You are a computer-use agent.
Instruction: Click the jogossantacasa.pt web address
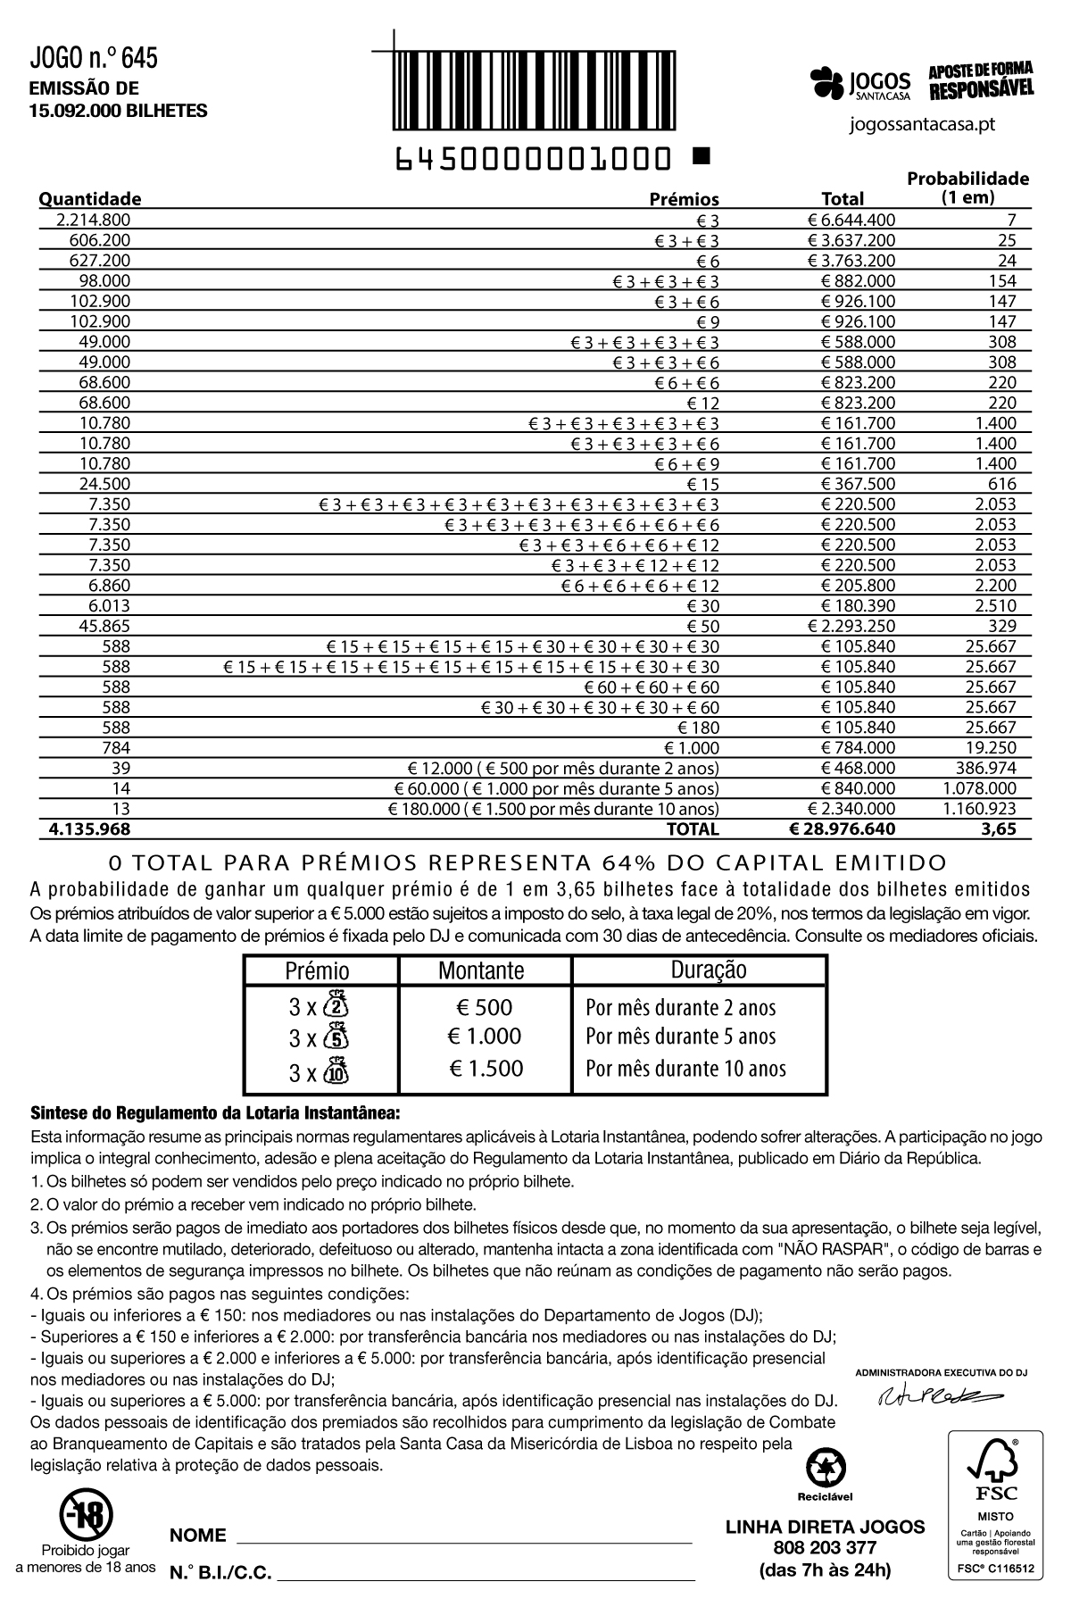923,124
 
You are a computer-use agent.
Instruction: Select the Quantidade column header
89,198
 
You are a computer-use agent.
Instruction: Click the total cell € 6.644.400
851,220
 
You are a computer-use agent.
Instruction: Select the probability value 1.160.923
980,809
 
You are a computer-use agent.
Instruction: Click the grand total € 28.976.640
843,829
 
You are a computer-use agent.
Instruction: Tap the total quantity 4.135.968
89,829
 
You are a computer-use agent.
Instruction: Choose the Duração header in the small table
709,970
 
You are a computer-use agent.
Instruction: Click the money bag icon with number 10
336,1070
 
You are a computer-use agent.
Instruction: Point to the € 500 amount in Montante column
485,1008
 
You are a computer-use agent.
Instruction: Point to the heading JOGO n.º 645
94,59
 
